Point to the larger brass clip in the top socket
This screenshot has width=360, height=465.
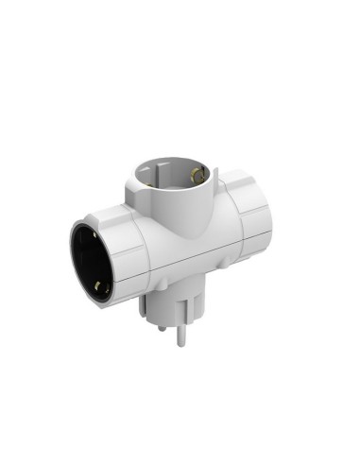196,173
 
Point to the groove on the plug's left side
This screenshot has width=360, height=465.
144,304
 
